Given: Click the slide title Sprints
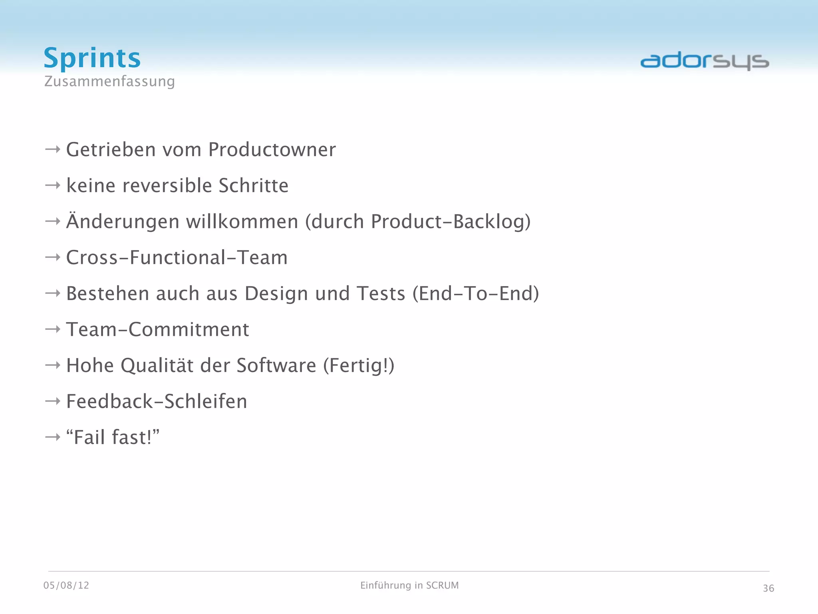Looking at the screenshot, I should (x=92, y=58).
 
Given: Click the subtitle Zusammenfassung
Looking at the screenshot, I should (x=109, y=81).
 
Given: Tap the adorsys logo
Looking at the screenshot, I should (x=705, y=61).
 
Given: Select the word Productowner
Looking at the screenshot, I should (x=272, y=150).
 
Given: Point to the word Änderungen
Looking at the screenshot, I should (x=123, y=222).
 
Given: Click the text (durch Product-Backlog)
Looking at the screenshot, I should (x=418, y=222).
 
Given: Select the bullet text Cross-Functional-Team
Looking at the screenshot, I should (x=177, y=258).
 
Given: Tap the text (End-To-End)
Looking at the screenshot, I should (x=476, y=294).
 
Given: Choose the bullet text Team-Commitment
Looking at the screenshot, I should (x=157, y=330).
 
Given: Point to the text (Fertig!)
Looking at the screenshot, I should (x=358, y=366).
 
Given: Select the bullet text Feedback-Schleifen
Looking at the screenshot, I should (x=157, y=402).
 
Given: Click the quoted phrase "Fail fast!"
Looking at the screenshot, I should (x=113, y=437).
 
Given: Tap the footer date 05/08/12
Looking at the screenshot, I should (x=66, y=586).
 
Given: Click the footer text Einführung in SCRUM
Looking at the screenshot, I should (x=409, y=586).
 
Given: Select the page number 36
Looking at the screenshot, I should (x=768, y=588).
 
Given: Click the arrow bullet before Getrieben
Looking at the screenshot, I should (x=52, y=150).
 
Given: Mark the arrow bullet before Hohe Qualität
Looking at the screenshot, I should (x=52, y=365).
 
